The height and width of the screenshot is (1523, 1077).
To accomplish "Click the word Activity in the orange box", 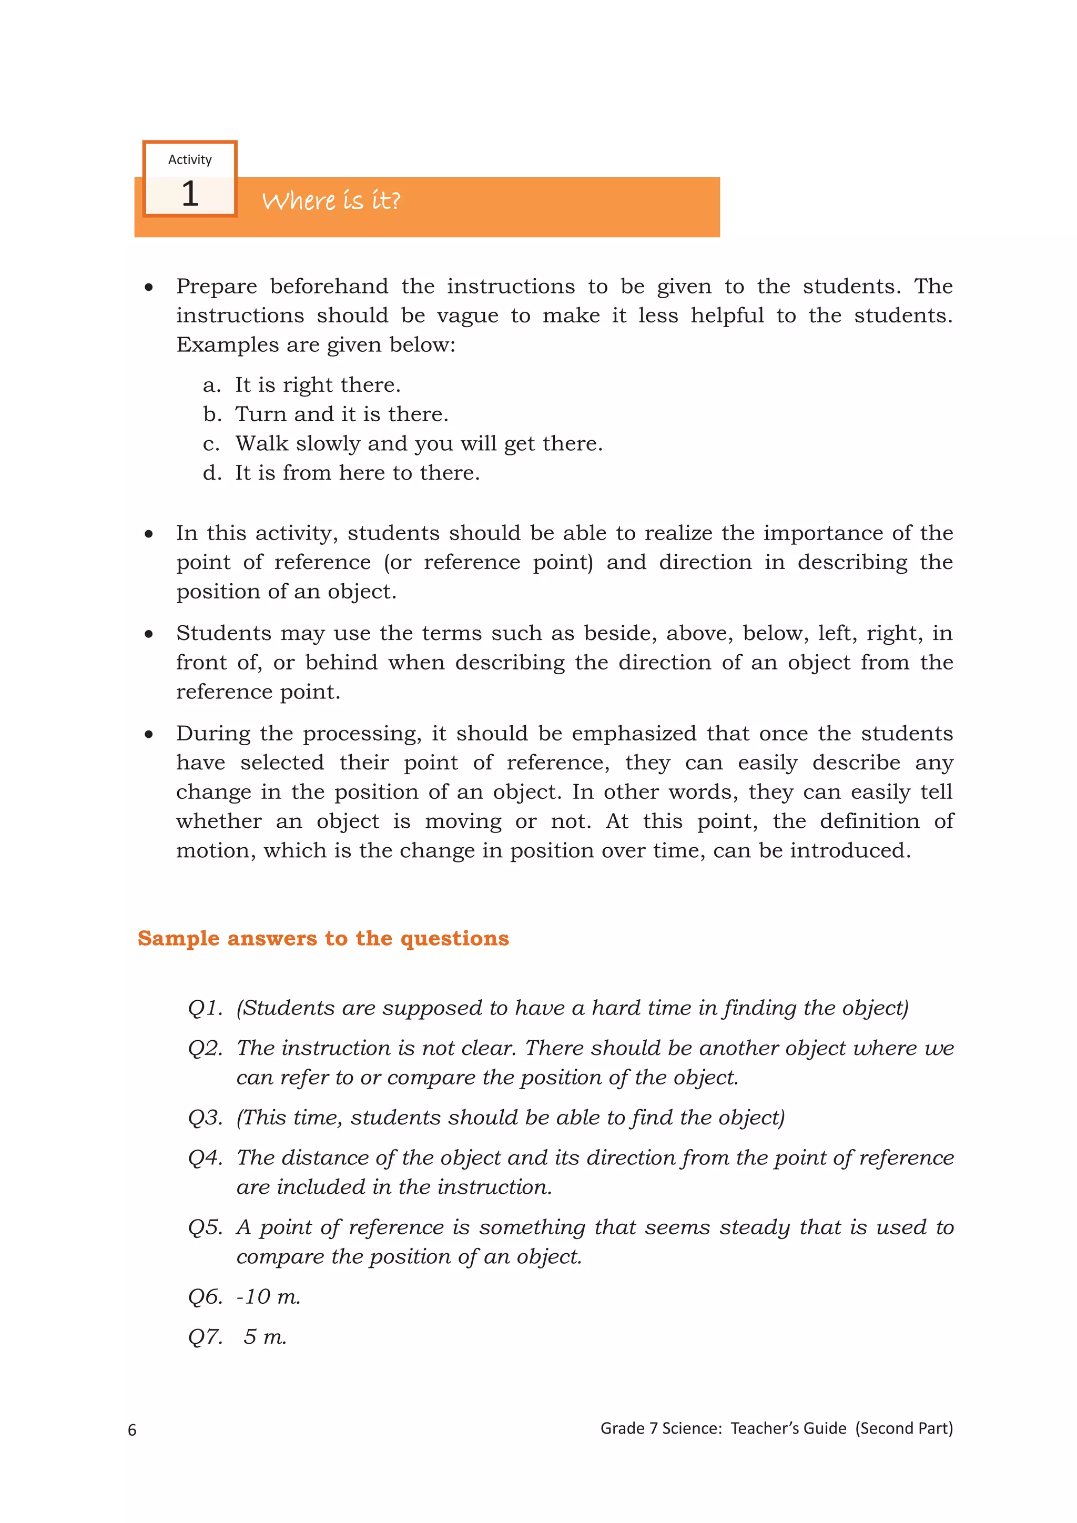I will tap(190, 160).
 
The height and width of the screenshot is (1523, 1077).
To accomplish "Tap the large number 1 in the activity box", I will tap(190, 195).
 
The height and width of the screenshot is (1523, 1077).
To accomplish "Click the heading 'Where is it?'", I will tap(331, 200).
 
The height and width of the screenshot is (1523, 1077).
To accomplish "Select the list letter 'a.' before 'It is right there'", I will tap(211, 385).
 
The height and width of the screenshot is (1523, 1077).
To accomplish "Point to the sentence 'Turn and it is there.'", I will tap(341, 414).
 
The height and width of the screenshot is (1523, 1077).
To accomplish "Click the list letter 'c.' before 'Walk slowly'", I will tap(211, 444).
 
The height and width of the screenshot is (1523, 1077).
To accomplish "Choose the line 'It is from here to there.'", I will tap(357, 473).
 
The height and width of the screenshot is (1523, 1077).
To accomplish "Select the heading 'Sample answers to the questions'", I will tap(323, 938).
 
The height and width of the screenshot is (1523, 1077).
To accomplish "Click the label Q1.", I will tap(205, 1008).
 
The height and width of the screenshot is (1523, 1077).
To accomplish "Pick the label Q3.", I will tap(205, 1118).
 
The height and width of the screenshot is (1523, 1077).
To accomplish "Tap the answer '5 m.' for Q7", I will tap(265, 1337).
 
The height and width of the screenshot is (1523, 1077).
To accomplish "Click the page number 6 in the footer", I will tap(132, 1429).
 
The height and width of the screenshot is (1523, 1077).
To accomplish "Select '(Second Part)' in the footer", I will tap(903, 1428).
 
